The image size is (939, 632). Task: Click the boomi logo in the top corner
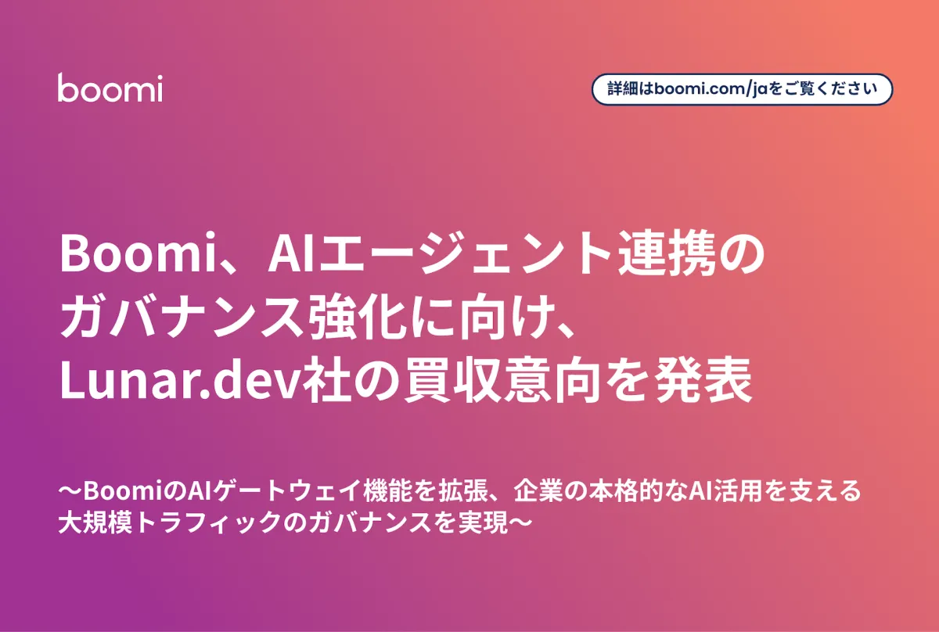click(110, 88)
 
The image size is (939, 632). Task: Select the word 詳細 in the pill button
click(624, 89)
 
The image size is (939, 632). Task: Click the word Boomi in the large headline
click(138, 254)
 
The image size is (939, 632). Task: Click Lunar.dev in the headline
click(182, 381)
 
